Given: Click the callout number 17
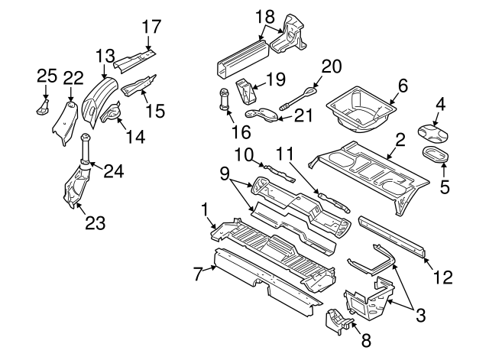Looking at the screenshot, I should (152, 27).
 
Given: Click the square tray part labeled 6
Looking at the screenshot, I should (359, 105).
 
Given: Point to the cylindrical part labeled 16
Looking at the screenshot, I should (225, 99).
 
